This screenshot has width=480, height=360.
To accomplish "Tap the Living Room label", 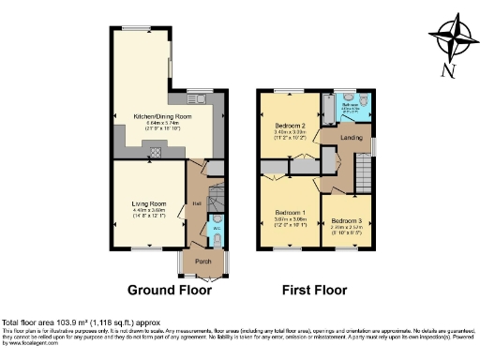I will (x=148, y=203).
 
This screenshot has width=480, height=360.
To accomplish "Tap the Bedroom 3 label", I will (x=346, y=220).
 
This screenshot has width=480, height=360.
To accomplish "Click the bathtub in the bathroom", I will (x=328, y=111).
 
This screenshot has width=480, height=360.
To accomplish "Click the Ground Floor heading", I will (x=169, y=290).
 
